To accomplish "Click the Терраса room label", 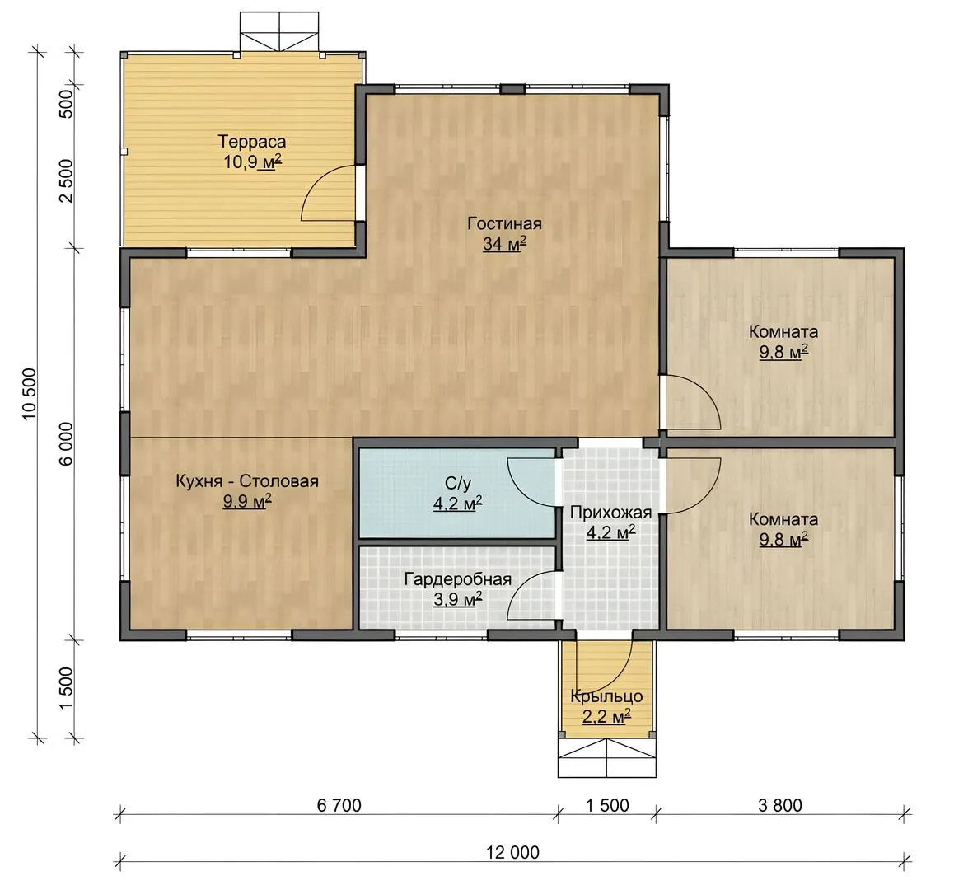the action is pos(252,142).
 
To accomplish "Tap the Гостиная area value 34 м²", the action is pos(504,244).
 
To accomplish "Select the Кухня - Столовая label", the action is pos(247,481).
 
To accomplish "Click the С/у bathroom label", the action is pos(458,484).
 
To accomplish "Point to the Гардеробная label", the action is pos(457,579).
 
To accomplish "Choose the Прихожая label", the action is pos(610,513).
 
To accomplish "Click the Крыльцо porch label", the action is pos(606,696).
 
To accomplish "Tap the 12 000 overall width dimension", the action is pos(513,852).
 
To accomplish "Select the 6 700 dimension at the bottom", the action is pos(339,805).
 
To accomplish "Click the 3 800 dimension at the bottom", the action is pos(780,805).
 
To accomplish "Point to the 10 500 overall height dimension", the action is pos(30,394).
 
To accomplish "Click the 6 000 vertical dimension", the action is pos(66,444).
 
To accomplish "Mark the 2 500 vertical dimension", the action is pos(66,180).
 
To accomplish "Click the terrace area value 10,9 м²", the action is pos(252,162).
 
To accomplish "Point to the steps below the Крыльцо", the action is pos(607,758).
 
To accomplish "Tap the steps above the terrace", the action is pos(279,31).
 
